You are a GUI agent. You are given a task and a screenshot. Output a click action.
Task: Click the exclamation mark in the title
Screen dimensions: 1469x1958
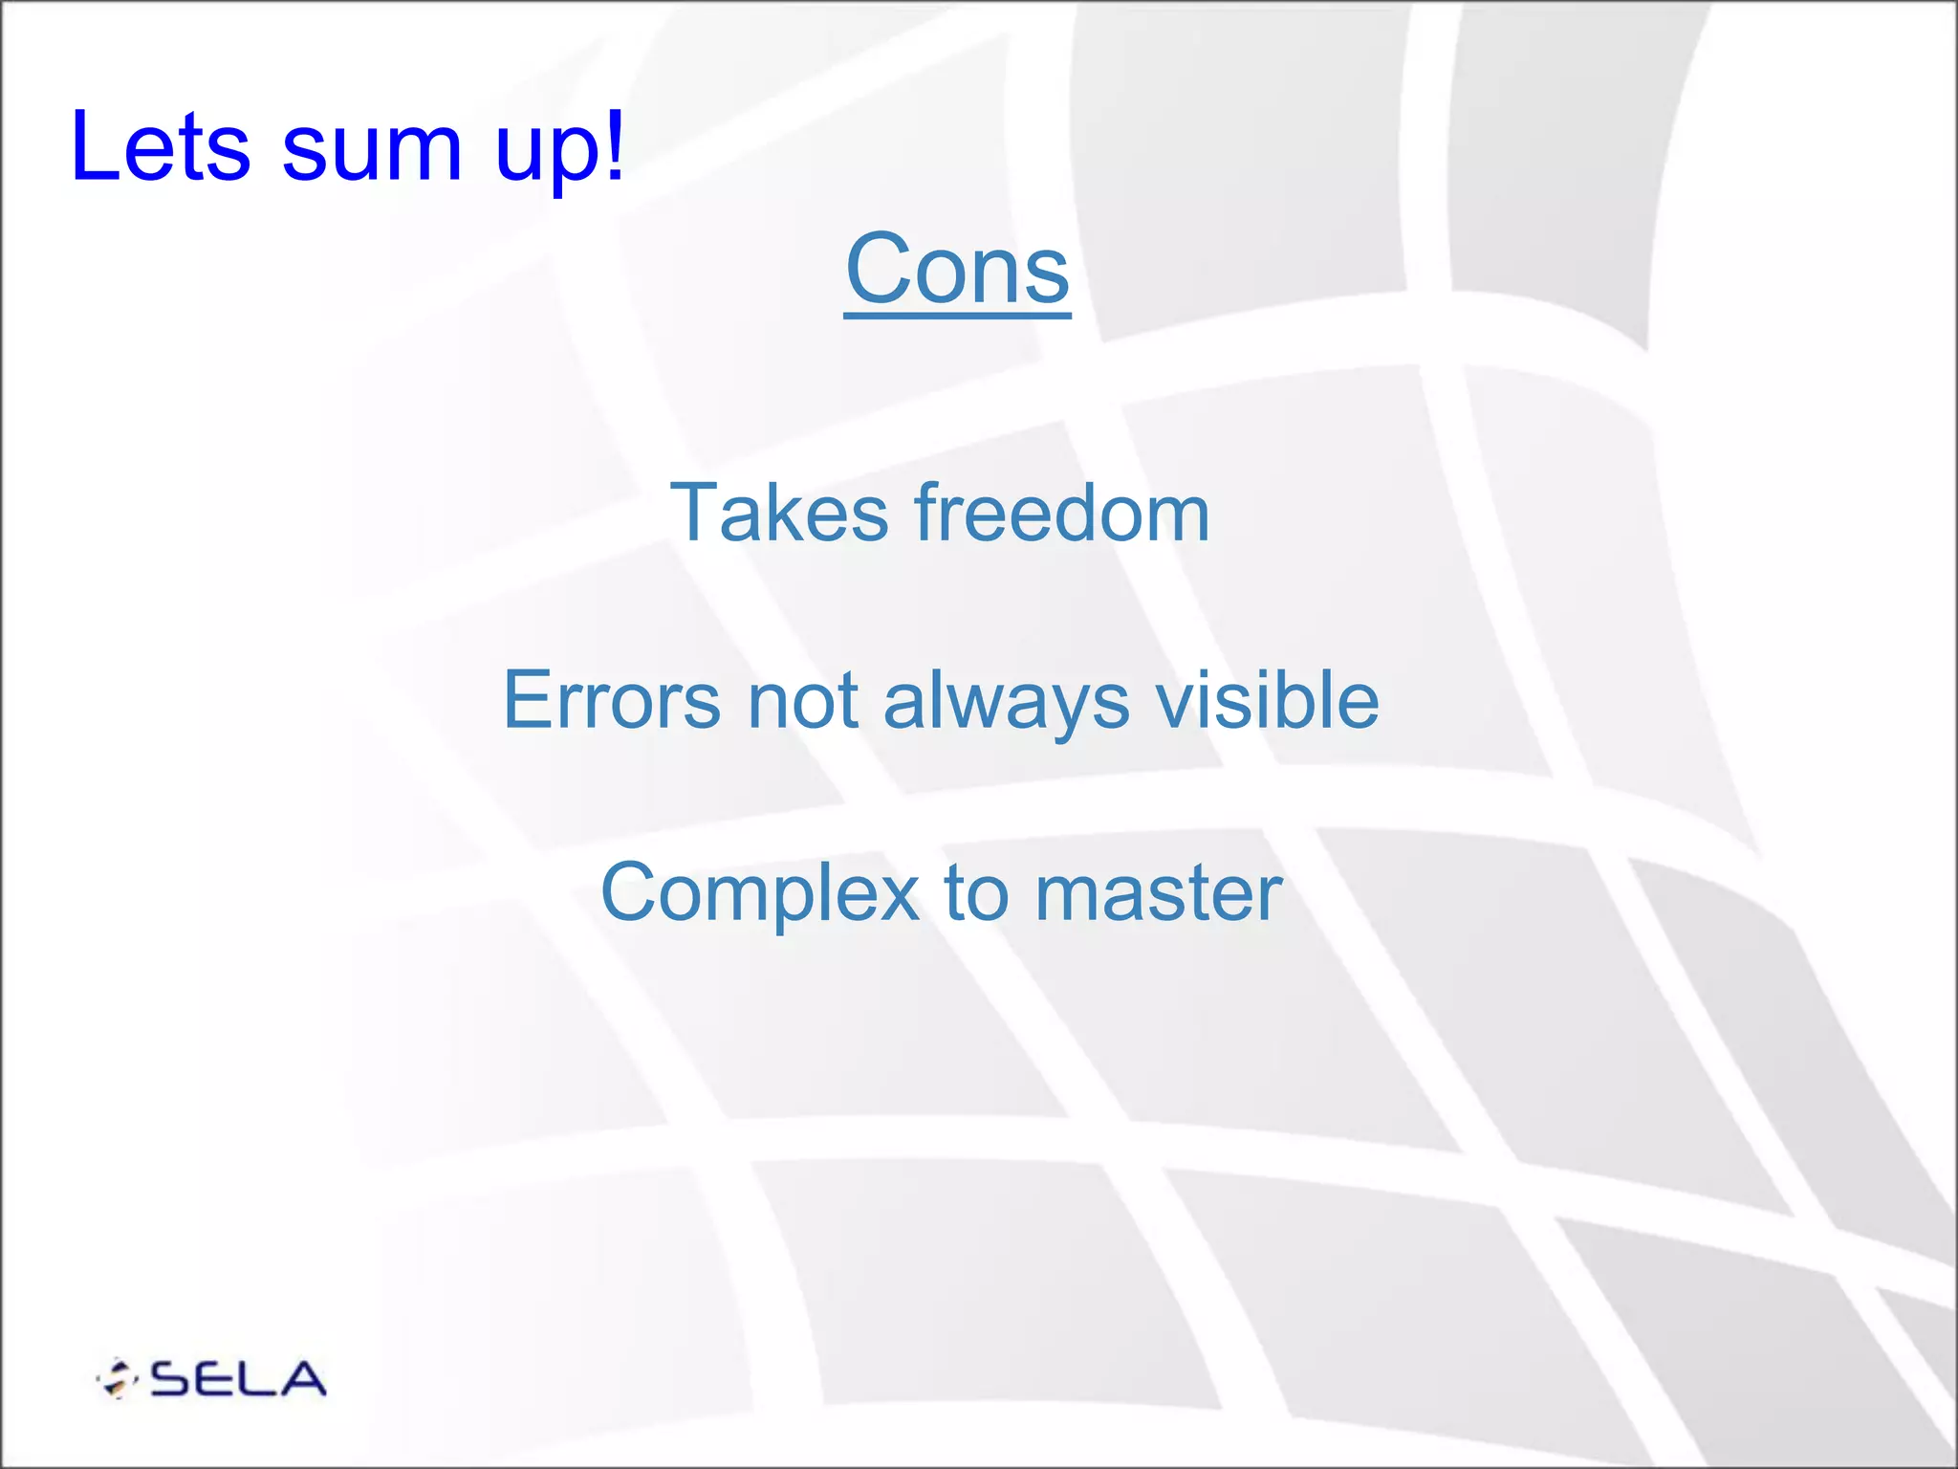pos(613,143)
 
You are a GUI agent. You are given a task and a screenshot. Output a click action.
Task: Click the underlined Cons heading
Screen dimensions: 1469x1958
pos(957,270)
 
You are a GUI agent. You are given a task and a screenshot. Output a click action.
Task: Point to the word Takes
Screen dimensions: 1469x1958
pos(778,514)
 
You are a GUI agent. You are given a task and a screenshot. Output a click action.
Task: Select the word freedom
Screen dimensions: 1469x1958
pos(1061,514)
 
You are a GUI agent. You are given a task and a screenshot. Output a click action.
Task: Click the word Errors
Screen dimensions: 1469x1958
pos(612,700)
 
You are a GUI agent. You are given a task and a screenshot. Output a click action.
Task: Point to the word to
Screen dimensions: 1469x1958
pos(976,893)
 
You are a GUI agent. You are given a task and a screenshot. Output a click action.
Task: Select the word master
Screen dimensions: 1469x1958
pos(1158,893)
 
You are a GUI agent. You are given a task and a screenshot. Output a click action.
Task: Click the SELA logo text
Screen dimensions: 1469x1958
pos(238,1379)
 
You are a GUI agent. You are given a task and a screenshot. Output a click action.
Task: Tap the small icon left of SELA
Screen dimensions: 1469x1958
pos(118,1378)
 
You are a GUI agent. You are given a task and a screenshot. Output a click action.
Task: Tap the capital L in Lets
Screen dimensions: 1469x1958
pos(92,145)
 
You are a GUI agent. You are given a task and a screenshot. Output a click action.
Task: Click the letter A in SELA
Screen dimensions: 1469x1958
pos(298,1379)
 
